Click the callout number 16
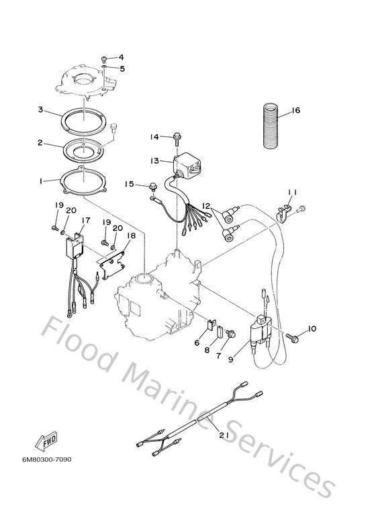[x=296, y=111]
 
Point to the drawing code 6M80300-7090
[x=41, y=460]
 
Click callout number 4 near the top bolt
[x=122, y=58]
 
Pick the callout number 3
[x=40, y=109]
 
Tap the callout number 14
[x=154, y=137]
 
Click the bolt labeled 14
[x=175, y=137]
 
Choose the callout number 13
[x=154, y=161]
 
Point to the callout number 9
[x=230, y=359]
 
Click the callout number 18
[x=131, y=236]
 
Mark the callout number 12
[x=207, y=206]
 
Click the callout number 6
[x=197, y=342]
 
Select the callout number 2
[x=40, y=143]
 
